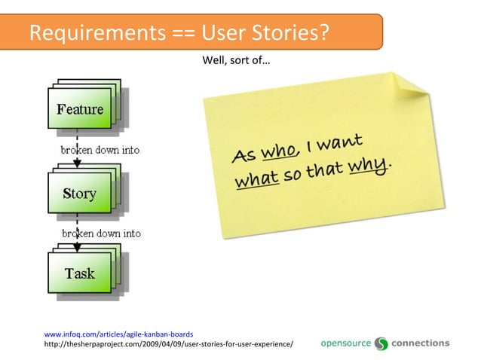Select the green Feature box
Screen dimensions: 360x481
pyautogui.click(x=79, y=110)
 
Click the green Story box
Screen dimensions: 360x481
pyautogui.click(x=79, y=194)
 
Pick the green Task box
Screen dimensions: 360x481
pyautogui.click(x=79, y=273)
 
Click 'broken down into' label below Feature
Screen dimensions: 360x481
pyautogui.click(x=100, y=150)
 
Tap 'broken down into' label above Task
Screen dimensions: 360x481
pyautogui.click(x=101, y=233)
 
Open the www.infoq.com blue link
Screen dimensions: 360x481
pyautogui.click(x=119, y=334)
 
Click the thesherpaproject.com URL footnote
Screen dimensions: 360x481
pyautogui.click(x=169, y=344)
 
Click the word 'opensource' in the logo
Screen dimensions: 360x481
pyautogui.click(x=346, y=343)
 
